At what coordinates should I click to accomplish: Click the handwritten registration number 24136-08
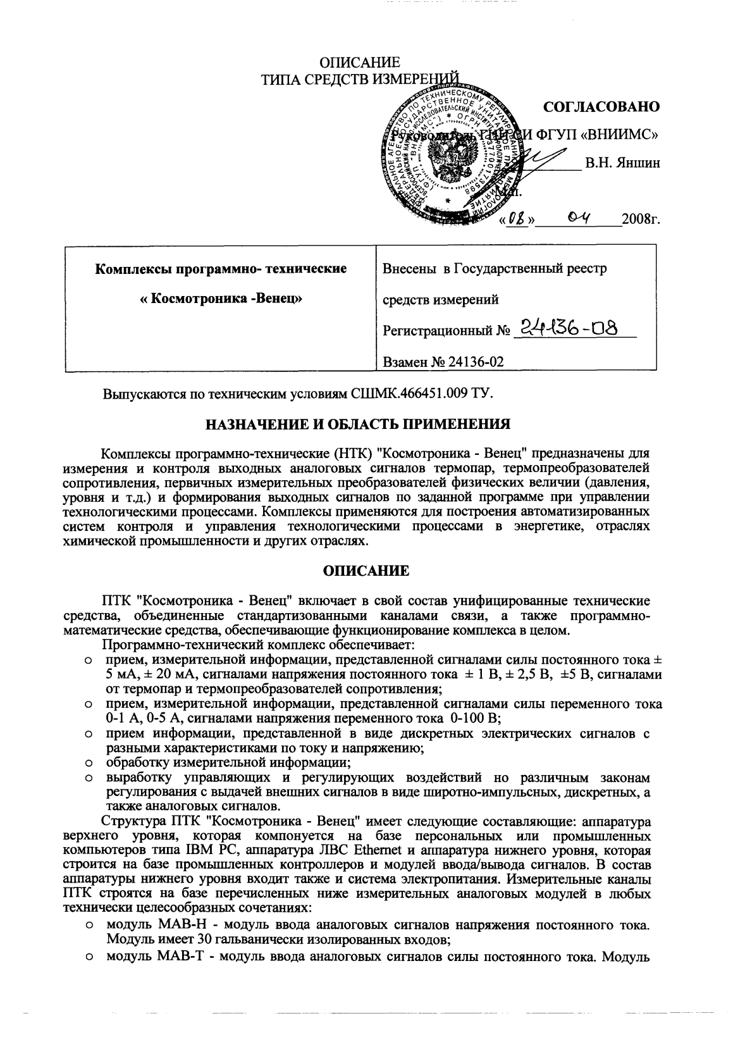(567, 328)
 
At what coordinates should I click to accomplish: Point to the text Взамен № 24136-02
(443, 362)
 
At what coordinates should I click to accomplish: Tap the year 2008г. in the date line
(641, 221)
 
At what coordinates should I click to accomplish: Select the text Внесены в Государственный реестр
(495, 269)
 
